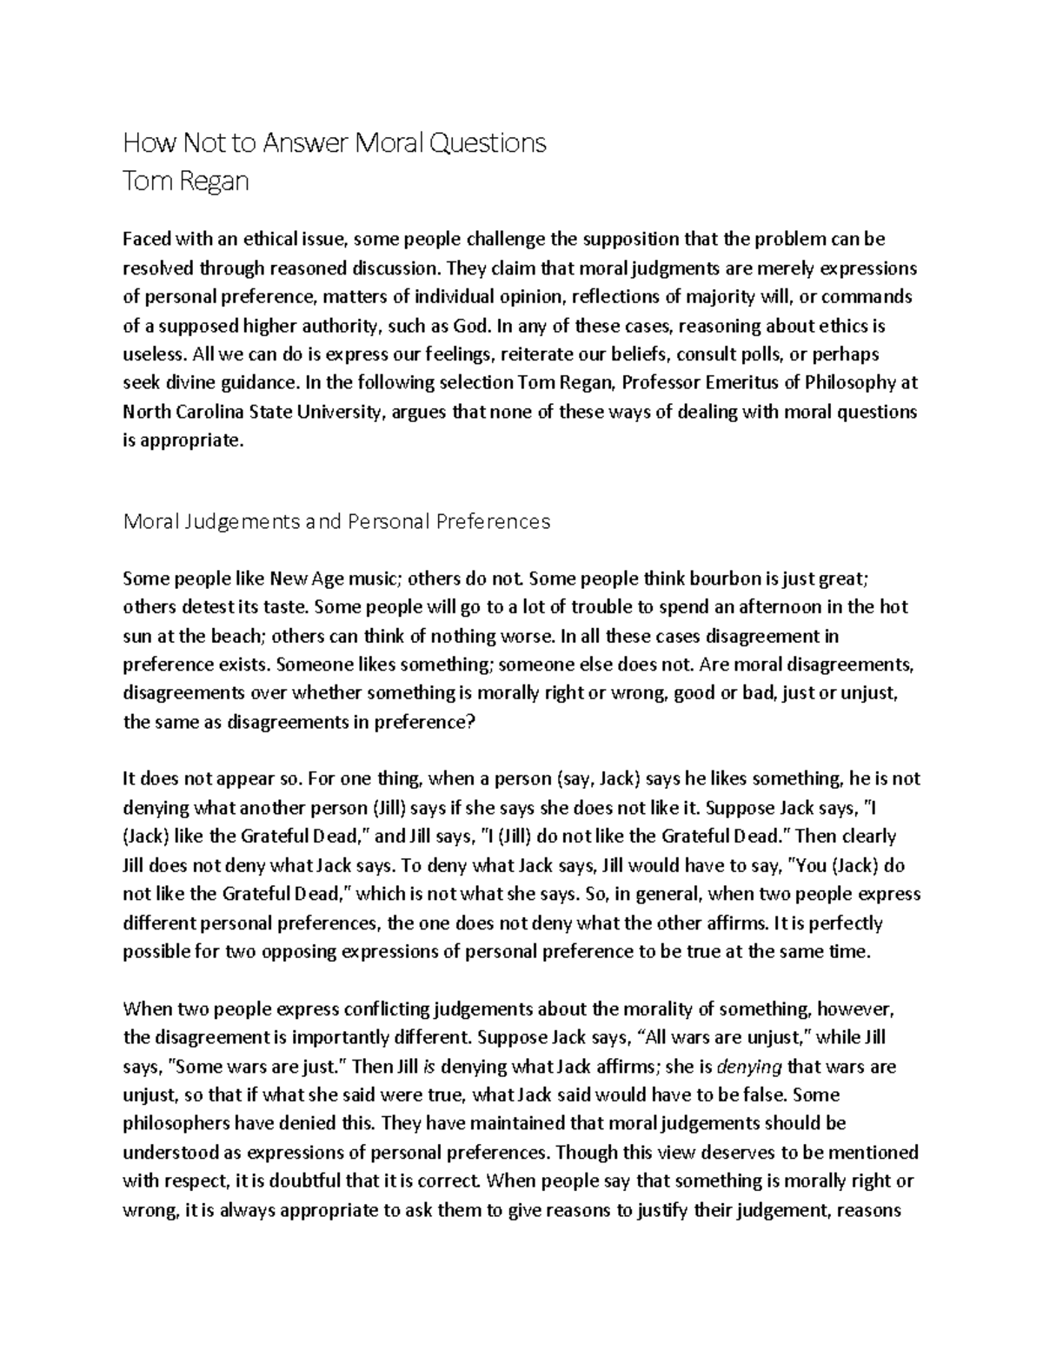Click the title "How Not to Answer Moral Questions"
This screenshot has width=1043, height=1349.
pos(335,142)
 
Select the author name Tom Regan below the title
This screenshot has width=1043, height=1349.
pos(186,182)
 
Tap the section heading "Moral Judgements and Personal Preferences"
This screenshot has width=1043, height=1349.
pos(337,521)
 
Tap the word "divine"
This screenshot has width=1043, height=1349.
pos(188,383)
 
